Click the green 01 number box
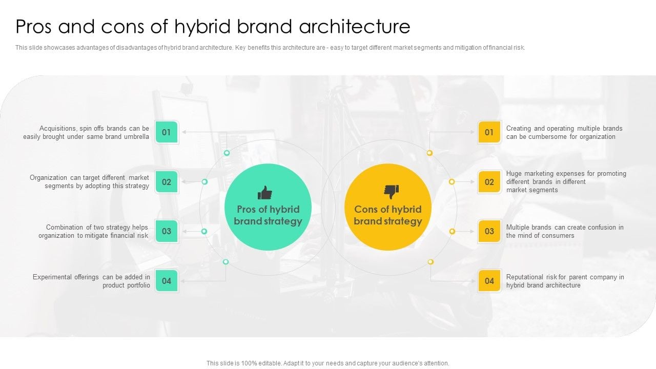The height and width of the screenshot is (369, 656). click(167, 132)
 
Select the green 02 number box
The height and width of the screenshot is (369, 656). click(167, 182)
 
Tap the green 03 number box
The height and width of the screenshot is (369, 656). click(167, 231)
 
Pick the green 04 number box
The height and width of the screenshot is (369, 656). click(167, 281)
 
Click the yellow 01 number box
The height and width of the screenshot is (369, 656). click(489, 132)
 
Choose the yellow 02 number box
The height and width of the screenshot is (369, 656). click(489, 182)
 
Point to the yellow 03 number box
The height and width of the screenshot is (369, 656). click(489, 231)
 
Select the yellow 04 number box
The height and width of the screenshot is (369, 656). click(489, 281)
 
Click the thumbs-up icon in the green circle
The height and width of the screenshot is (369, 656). click(265, 193)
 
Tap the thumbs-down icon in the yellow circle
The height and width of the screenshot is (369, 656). click(391, 192)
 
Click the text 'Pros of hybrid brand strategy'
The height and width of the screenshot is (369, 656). click(268, 215)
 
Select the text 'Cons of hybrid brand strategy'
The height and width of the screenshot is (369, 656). click(388, 215)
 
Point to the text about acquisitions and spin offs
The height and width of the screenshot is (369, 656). click(86, 133)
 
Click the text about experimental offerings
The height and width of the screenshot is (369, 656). click(91, 281)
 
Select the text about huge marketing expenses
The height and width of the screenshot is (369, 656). click(566, 181)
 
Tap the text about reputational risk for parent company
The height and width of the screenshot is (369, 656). click(565, 281)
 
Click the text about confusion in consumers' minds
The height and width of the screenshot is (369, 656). click(565, 231)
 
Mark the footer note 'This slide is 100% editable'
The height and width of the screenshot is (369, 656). click(328, 363)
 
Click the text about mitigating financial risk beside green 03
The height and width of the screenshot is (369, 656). click(93, 231)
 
